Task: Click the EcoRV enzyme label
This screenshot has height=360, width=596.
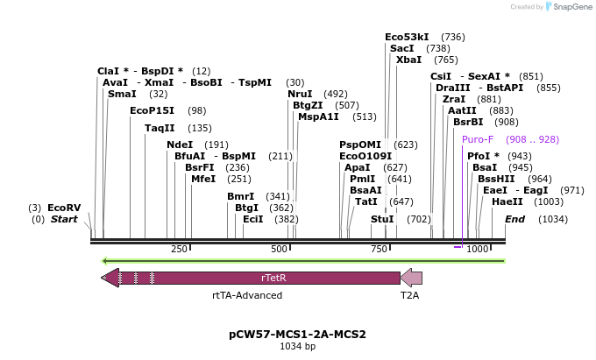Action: point(64,208)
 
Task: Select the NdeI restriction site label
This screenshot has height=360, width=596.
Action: point(179,145)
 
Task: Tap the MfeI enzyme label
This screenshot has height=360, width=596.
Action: point(203,179)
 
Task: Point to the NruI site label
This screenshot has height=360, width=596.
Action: point(300,94)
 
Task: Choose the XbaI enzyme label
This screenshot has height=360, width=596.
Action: point(408,60)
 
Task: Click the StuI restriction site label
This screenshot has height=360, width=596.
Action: point(382,219)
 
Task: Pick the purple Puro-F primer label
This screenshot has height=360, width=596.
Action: point(478,139)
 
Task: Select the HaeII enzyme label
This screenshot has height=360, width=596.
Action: point(507,201)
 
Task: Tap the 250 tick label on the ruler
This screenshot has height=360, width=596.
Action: point(179,250)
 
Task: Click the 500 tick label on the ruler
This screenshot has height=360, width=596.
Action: point(280,250)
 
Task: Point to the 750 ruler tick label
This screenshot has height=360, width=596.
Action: point(379,250)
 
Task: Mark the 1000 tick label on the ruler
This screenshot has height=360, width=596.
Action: point(477,250)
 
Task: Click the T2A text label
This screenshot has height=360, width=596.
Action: point(410,295)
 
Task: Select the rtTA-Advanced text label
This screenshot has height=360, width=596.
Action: point(247,295)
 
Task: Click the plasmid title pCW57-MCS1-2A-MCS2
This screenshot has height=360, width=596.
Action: point(297,334)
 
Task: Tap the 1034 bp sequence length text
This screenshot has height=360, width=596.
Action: point(297,347)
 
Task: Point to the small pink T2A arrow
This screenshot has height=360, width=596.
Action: point(411,278)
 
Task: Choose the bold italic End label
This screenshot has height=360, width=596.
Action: point(514,219)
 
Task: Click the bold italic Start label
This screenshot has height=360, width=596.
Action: point(64,219)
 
